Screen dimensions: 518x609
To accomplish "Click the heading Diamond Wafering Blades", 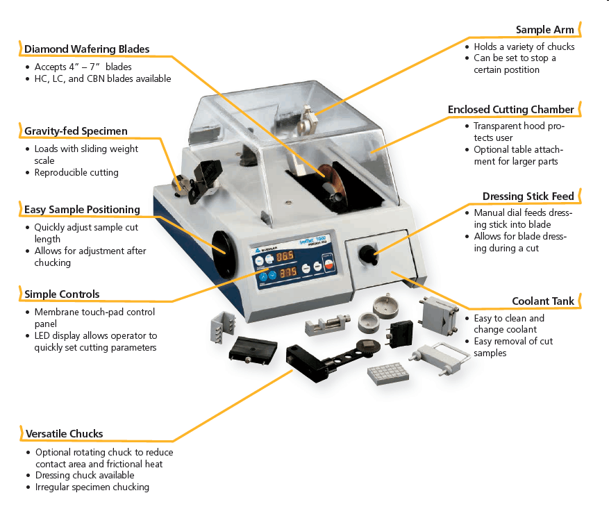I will pyautogui.click(x=87, y=49).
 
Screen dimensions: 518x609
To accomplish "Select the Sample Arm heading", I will pyautogui.click(x=545, y=30).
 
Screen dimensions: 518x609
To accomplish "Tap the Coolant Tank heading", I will pyautogui.click(x=544, y=301).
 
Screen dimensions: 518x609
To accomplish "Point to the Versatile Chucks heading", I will pyautogui.click(x=64, y=434).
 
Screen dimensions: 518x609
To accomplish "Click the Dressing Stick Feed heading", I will pyautogui.click(x=528, y=197).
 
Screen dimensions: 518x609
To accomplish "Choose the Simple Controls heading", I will pyautogui.click(x=62, y=294).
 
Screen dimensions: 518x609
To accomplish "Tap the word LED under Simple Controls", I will pyautogui.click(x=43, y=336).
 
